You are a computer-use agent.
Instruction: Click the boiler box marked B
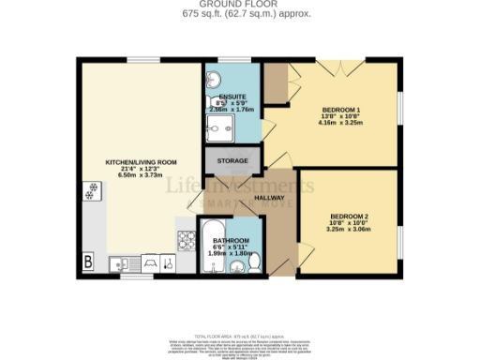coord(89,262)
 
